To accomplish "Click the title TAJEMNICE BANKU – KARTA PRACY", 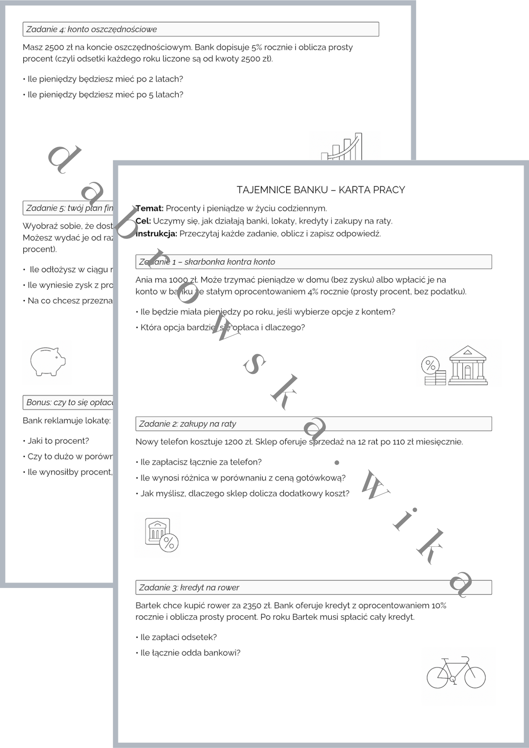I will pyautogui.click(x=321, y=190).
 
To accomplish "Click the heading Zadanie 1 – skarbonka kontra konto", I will pyautogui.click(x=207, y=262).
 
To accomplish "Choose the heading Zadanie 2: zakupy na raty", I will pyautogui.click(x=187, y=424).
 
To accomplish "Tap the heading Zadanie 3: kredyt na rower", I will pyautogui.click(x=189, y=588).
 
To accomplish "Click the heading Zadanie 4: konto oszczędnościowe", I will pyautogui.click(x=92, y=30).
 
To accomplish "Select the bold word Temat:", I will pyautogui.click(x=150, y=208).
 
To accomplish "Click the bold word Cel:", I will pyautogui.click(x=143, y=221).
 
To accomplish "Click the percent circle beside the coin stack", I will pyautogui.click(x=430, y=365).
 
